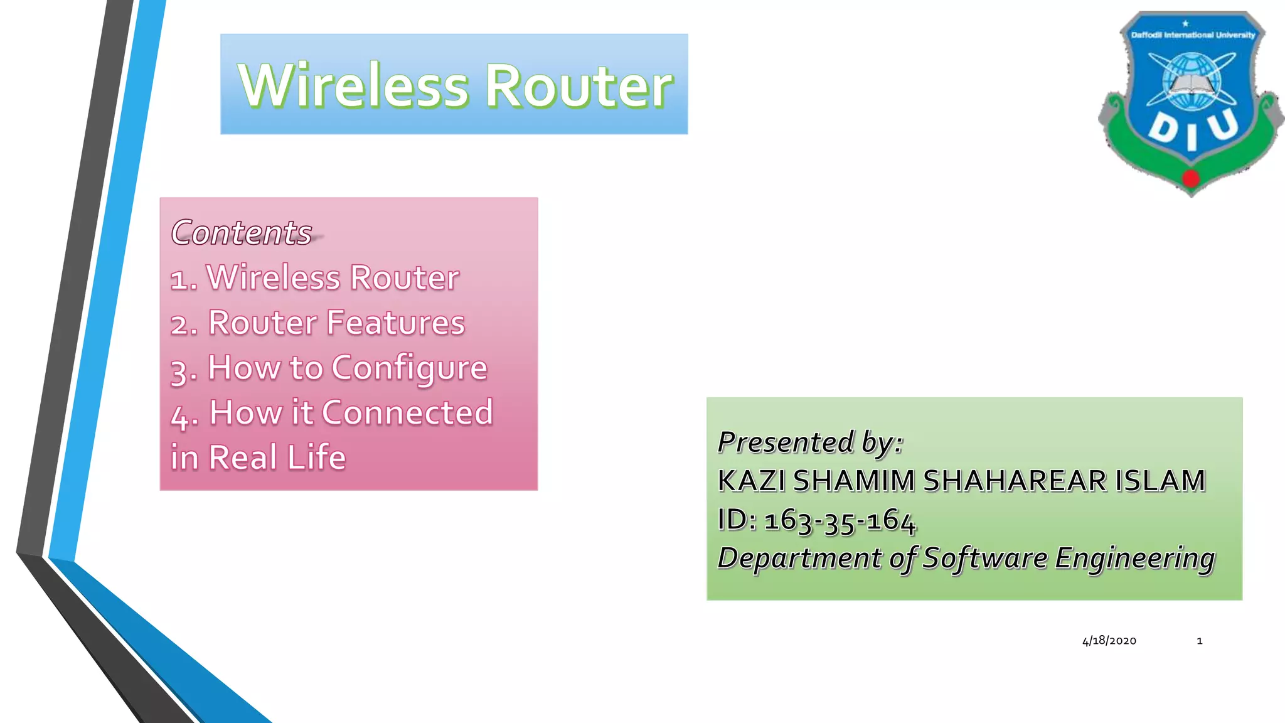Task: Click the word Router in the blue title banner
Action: click(579, 86)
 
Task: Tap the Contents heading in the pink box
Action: click(242, 233)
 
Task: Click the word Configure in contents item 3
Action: click(409, 368)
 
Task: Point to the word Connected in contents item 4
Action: click(407, 413)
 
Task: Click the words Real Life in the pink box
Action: click(277, 458)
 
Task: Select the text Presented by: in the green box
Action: click(810, 442)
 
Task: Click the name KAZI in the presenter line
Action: click(752, 481)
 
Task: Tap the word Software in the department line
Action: click(985, 558)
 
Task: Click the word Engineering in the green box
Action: click(1134, 558)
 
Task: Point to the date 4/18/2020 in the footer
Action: click(1109, 641)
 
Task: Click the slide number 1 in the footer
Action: click(1199, 641)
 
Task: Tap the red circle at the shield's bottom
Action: click(1190, 179)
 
